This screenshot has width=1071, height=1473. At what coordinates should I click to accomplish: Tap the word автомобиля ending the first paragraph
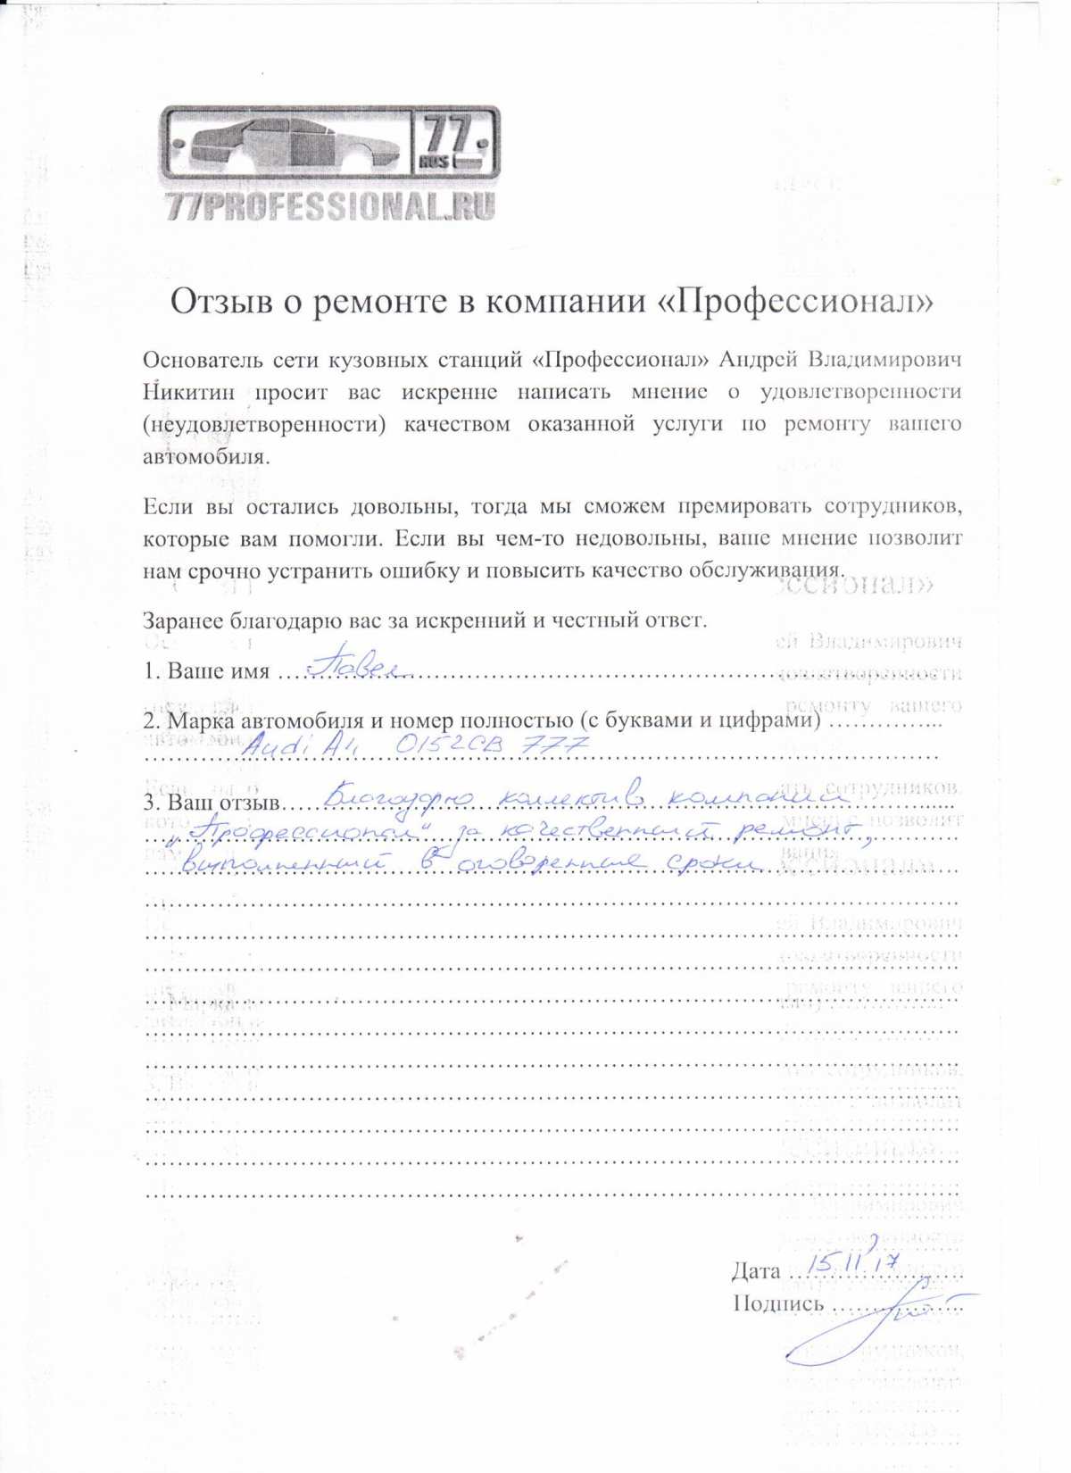203,457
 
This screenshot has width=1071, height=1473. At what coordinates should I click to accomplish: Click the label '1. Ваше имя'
206,671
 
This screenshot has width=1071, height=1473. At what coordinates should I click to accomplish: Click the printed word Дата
755,1271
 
